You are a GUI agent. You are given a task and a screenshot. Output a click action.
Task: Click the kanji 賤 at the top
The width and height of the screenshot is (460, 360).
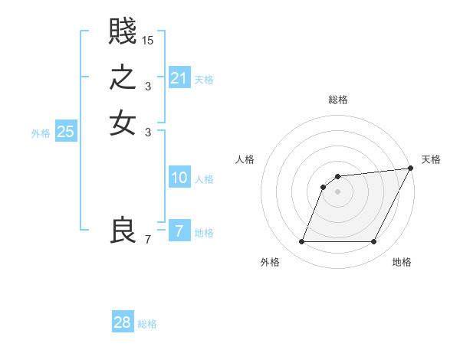pyautogui.click(x=123, y=33)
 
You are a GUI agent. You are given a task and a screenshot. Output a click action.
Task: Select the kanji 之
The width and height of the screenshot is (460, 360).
pyautogui.click(x=123, y=78)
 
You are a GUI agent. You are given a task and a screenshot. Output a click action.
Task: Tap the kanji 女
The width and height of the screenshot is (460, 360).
pyautogui.click(x=123, y=123)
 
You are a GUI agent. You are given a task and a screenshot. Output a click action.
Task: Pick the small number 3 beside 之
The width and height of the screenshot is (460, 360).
pyautogui.click(x=148, y=86)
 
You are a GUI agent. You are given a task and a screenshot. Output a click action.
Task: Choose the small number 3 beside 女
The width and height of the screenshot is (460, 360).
pyautogui.click(x=148, y=132)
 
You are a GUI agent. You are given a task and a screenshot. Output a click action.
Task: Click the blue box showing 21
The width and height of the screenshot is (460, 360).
pyautogui.click(x=179, y=78)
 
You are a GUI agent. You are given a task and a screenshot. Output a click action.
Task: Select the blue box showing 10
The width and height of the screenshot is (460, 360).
pyautogui.click(x=179, y=178)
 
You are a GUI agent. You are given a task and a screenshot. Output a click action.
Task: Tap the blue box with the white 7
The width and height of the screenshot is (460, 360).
pyautogui.click(x=179, y=231)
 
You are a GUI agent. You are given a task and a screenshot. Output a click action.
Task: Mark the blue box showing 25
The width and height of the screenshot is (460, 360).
pyautogui.click(x=66, y=132)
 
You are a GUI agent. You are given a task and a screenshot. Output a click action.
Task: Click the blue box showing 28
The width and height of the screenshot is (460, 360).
pyautogui.click(x=123, y=323)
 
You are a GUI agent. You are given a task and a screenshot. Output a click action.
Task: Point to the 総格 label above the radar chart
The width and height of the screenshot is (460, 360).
pyautogui.click(x=338, y=100)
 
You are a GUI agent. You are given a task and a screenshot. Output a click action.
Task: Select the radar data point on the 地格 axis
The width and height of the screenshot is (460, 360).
pyautogui.click(x=373, y=242)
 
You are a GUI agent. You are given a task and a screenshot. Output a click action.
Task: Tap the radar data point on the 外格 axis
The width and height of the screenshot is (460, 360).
pyautogui.click(x=302, y=242)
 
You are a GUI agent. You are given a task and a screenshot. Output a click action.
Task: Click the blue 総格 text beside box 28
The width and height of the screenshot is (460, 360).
pyautogui.click(x=147, y=324)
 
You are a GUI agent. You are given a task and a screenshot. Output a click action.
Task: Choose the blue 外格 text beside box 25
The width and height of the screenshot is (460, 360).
pyautogui.click(x=41, y=133)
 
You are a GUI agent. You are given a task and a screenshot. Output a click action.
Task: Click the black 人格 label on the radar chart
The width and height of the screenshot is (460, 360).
pyautogui.click(x=245, y=159)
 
